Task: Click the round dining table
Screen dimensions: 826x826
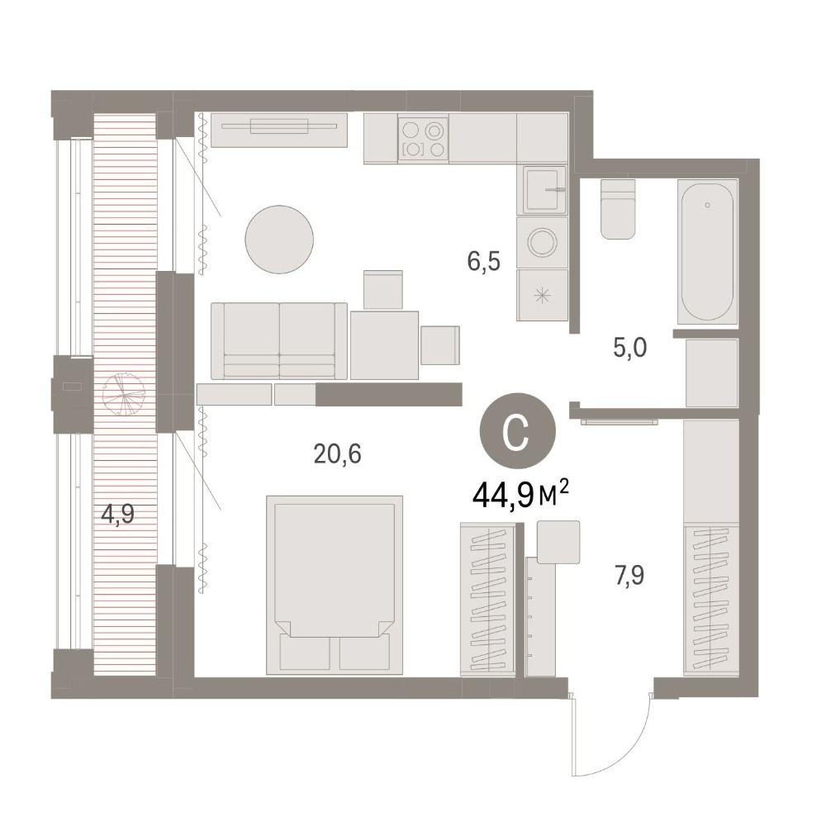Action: [x=279, y=240]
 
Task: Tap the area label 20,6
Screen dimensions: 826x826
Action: [x=337, y=453]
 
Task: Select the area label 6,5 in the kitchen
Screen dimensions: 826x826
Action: [x=483, y=261]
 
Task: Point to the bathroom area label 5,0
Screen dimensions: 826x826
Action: [x=630, y=349]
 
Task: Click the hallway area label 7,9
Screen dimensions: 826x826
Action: [x=629, y=575]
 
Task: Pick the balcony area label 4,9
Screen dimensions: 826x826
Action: [x=118, y=514]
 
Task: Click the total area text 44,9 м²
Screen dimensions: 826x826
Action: [x=520, y=495]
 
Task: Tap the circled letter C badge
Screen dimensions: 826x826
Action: [x=517, y=430]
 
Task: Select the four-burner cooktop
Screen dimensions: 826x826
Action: [x=423, y=138]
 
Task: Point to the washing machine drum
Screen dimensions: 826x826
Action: [x=542, y=242]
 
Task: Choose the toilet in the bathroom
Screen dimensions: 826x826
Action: [x=617, y=209]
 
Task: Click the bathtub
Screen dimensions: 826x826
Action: [x=707, y=252]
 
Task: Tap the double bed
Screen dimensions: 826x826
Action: [x=335, y=586]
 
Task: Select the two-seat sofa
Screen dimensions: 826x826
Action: [x=279, y=341]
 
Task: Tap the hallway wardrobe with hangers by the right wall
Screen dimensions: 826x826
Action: [x=711, y=601]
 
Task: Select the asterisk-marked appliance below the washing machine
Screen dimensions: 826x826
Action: [x=542, y=296]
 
